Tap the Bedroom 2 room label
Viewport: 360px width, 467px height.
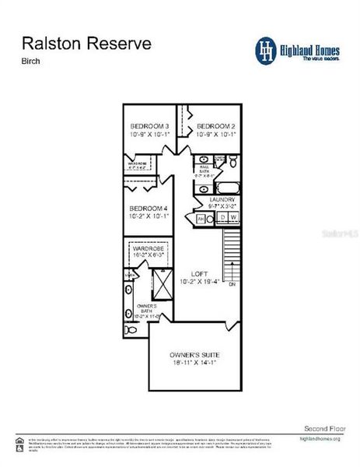215,126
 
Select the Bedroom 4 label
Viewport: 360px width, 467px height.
148,209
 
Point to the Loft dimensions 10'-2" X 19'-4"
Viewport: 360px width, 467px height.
200,282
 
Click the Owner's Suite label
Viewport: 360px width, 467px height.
197,355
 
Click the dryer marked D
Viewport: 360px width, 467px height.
221,218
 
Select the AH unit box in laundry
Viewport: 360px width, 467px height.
200,219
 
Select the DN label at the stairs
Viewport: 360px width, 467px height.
232,285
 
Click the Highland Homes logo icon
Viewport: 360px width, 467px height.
267,49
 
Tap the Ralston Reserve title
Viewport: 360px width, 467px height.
86,43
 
